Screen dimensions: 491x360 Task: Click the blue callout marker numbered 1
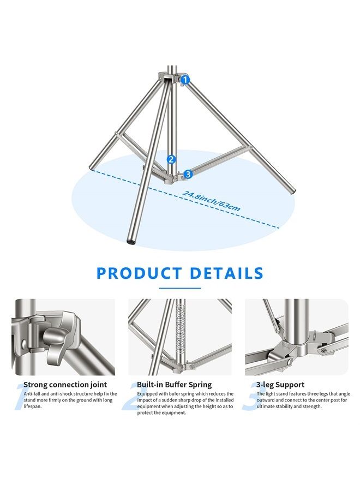(x=185, y=80)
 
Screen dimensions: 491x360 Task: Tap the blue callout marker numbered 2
(x=171, y=159)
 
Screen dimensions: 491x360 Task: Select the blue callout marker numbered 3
(x=188, y=174)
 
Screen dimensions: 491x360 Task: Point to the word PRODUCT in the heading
(x=140, y=273)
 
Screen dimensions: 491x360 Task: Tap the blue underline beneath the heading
(x=180, y=288)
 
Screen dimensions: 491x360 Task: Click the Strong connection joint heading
(x=65, y=385)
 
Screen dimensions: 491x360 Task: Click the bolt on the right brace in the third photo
(x=324, y=350)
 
